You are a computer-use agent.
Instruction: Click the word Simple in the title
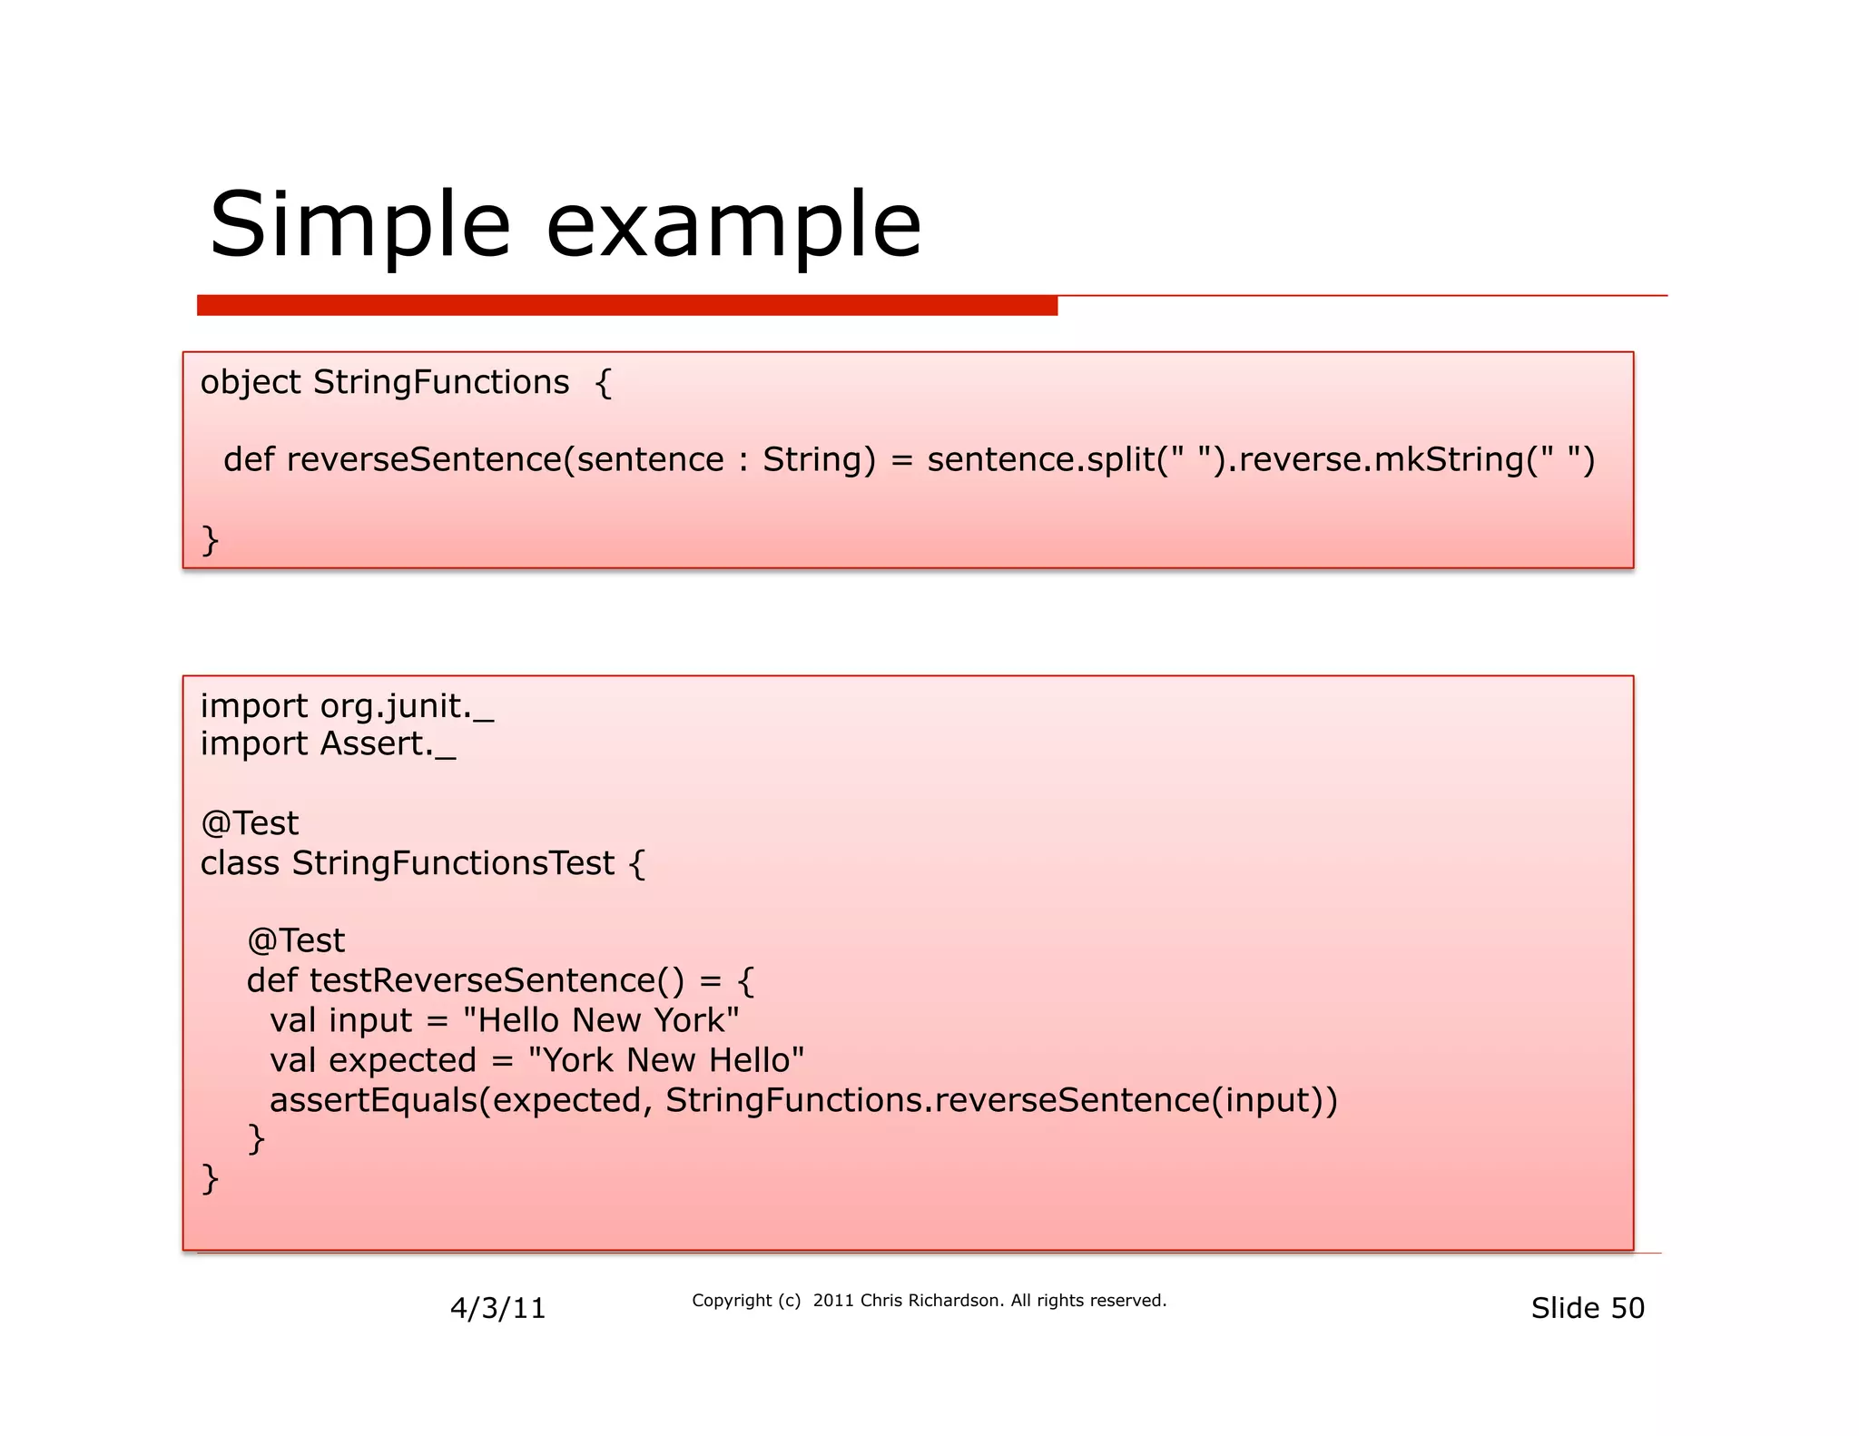pos(359,225)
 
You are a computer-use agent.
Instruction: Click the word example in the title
pos(733,225)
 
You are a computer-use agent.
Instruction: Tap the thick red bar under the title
pos(626,306)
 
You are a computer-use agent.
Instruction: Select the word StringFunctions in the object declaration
pos(441,382)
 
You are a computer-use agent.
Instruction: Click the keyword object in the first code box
pos(250,382)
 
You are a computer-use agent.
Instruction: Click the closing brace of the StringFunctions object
pos(210,539)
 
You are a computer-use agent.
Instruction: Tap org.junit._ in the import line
pos(407,706)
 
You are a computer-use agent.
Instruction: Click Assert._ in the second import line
pos(388,744)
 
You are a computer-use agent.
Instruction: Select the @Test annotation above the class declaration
pos(250,823)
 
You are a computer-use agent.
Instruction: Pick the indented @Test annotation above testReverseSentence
pos(296,940)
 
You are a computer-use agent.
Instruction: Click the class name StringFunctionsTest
pos(453,863)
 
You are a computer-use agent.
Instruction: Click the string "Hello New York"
pos(601,1020)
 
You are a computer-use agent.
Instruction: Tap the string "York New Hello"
pos(665,1060)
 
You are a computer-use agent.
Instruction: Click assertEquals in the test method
pos(373,1100)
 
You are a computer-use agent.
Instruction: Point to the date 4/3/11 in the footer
pos(497,1308)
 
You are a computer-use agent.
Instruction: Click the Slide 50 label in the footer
pos(1587,1308)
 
